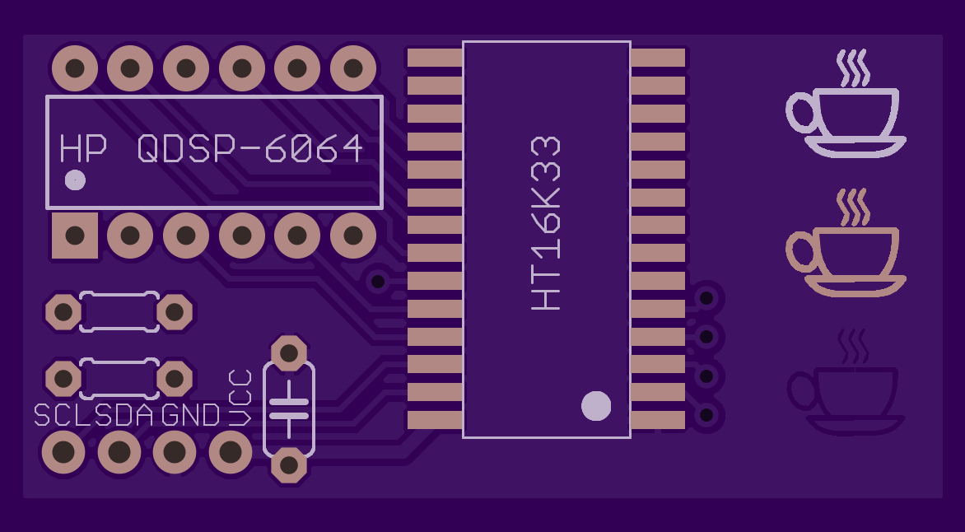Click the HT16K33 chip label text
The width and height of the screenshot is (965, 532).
[x=547, y=222]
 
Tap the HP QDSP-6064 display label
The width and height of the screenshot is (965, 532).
[x=211, y=149]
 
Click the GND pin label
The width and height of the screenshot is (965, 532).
[x=190, y=415]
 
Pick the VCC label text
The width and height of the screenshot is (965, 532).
[x=240, y=399]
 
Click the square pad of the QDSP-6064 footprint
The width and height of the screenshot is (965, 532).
[x=75, y=236]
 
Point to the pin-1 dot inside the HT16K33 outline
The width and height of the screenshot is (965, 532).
[x=596, y=405]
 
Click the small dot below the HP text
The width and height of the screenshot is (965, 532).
[x=75, y=180]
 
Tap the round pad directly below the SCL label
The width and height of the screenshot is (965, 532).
[x=63, y=452]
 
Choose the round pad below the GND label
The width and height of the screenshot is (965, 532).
[x=175, y=452]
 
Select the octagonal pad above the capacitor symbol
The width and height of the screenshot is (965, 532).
[x=289, y=353]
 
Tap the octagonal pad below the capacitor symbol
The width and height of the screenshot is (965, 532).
[x=289, y=465]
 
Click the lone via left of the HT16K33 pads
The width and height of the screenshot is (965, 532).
[x=378, y=282]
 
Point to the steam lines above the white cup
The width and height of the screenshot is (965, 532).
[x=853, y=68]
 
